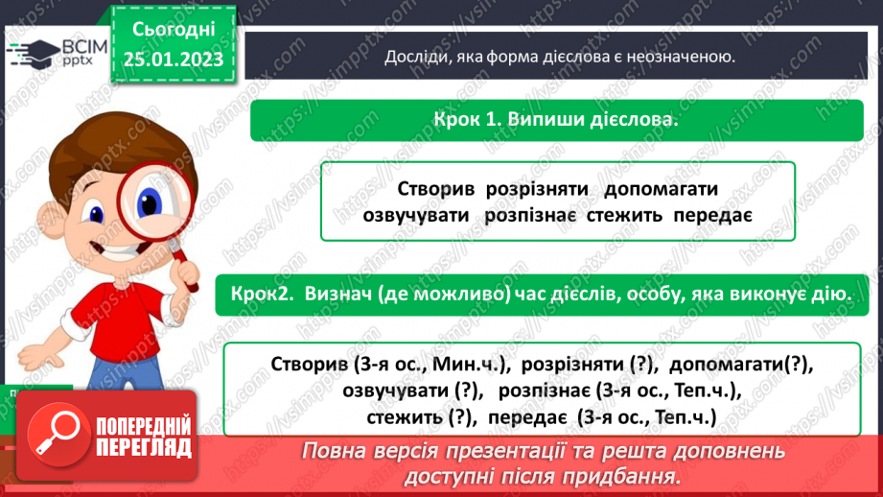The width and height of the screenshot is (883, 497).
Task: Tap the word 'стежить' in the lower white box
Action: click(x=405, y=417)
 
